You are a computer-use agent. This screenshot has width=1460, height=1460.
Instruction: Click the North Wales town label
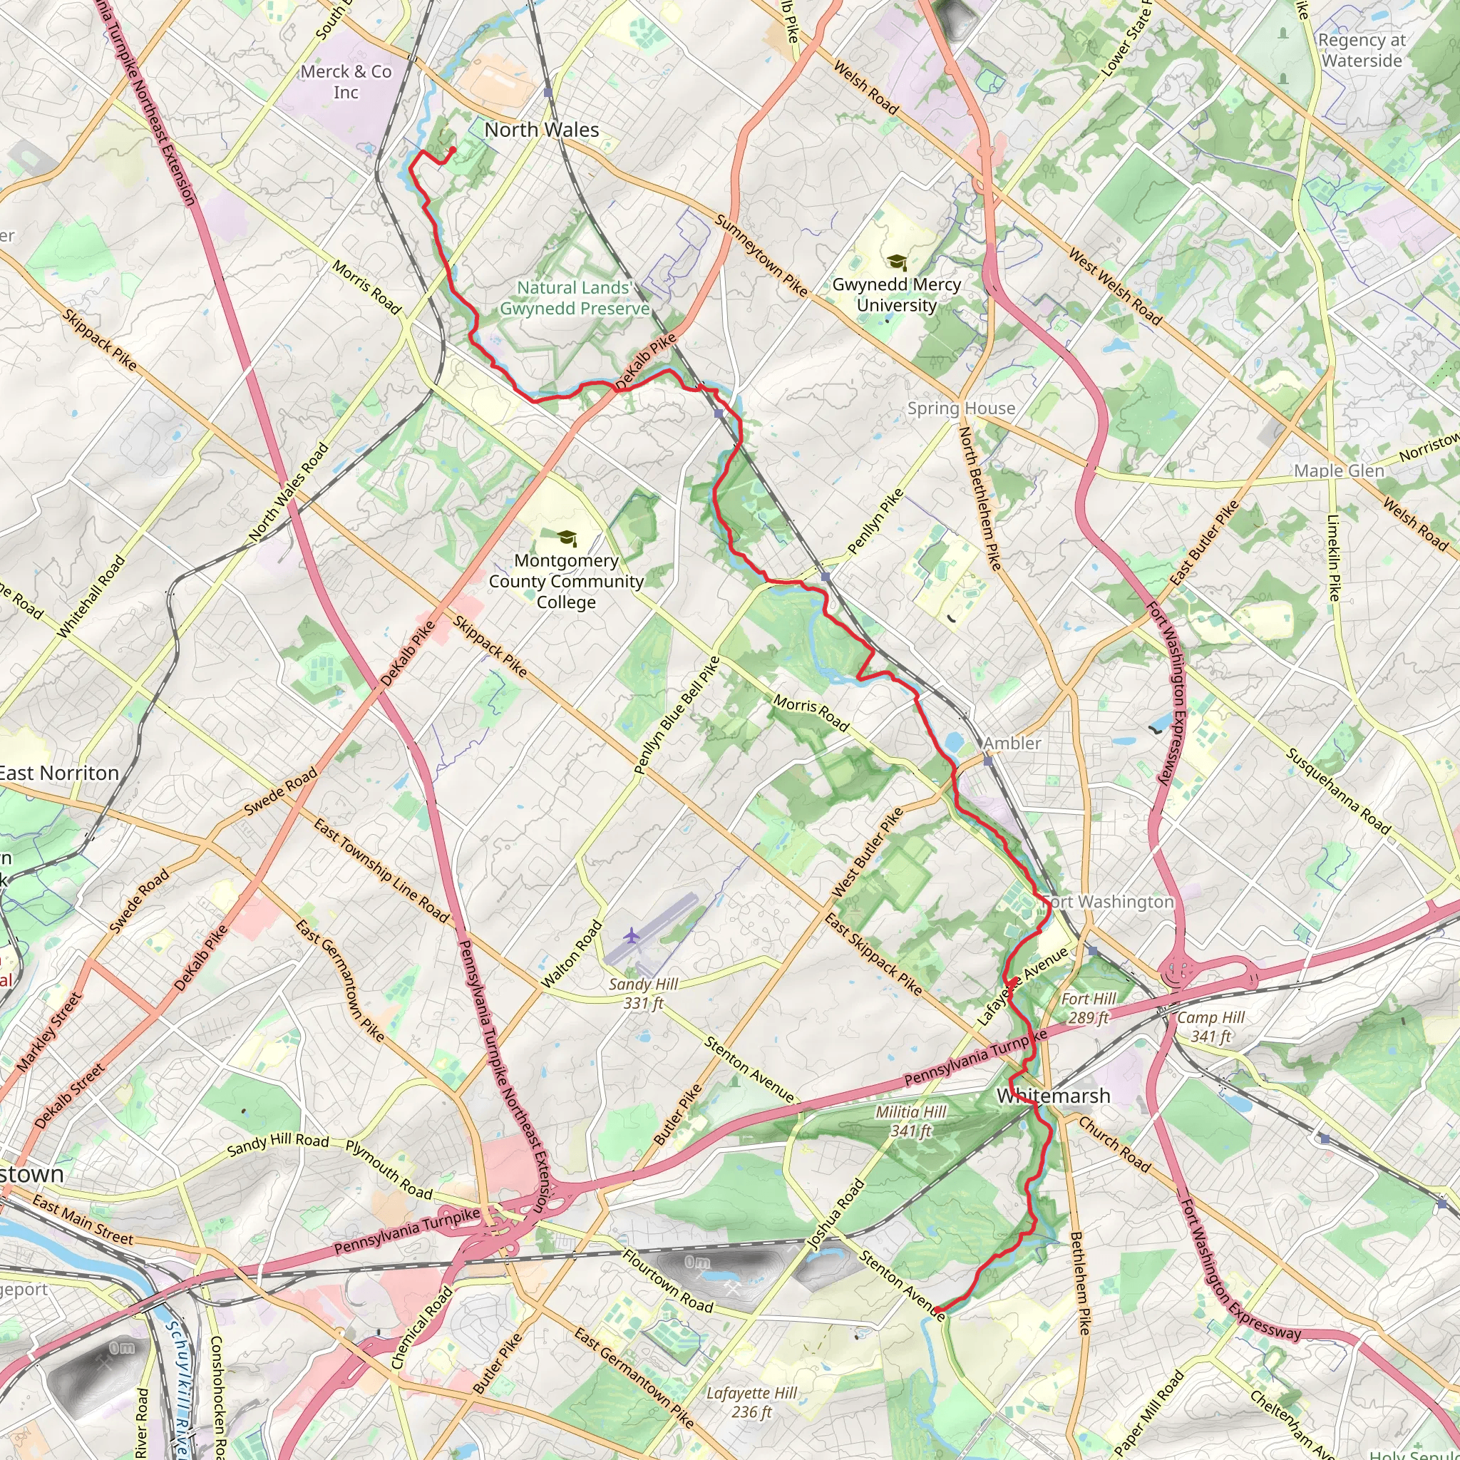(541, 130)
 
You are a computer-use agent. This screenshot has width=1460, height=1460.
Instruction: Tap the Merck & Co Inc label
(346, 81)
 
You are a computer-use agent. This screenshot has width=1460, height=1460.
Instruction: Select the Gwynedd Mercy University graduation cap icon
(896, 262)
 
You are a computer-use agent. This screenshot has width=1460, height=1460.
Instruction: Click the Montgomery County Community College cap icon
(567, 538)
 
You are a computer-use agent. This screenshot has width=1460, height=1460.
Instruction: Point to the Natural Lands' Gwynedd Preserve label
(575, 298)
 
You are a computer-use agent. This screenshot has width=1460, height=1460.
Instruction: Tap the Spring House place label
(960, 408)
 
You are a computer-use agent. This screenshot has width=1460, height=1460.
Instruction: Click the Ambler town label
(1012, 744)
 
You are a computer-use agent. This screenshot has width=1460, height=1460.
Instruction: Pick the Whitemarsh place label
(1053, 1096)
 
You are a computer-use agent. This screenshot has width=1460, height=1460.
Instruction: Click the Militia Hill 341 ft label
(910, 1121)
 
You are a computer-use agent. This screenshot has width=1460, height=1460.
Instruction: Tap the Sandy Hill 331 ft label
(643, 993)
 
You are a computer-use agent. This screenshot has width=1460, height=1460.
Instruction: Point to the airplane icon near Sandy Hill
(632, 936)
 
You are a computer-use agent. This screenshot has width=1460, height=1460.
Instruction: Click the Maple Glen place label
(1338, 471)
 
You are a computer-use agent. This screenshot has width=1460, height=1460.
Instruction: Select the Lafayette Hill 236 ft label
(751, 1402)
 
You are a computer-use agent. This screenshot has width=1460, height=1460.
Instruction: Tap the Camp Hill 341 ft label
(1210, 1027)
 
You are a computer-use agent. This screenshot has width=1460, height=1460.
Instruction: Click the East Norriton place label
(59, 773)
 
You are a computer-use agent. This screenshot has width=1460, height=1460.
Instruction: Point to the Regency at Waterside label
(1362, 51)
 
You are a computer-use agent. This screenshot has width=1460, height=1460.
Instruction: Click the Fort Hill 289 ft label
(1088, 1008)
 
